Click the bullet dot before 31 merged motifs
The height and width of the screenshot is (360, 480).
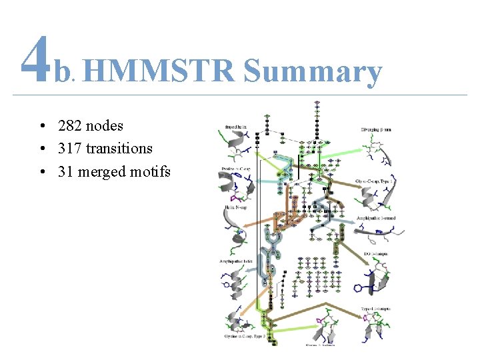(42, 171)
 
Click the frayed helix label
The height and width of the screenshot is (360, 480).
(237, 124)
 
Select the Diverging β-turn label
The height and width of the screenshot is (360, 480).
(376, 129)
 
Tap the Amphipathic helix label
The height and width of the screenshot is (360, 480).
(235, 261)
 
